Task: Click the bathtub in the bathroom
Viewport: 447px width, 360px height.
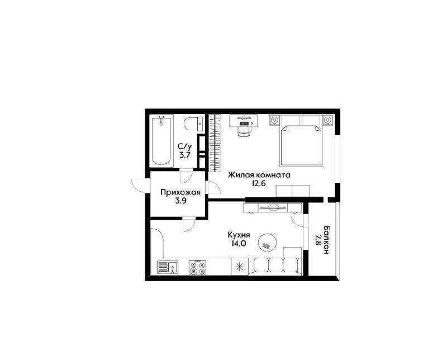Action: click(x=161, y=141)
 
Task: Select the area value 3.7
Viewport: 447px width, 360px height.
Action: click(x=185, y=155)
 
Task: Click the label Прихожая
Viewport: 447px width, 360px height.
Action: click(x=180, y=192)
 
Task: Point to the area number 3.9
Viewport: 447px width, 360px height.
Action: click(x=180, y=201)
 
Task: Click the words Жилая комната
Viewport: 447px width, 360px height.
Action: click(x=259, y=174)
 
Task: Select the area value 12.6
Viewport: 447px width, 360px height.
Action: click(x=259, y=183)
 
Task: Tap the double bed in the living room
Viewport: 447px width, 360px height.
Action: click(x=301, y=141)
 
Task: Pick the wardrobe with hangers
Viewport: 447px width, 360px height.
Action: click(x=215, y=143)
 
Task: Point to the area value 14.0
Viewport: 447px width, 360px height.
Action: click(x=239, y=244)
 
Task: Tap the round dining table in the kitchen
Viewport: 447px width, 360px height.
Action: click(x=268, y=243)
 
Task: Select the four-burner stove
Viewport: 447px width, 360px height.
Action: click(x=197, y=267)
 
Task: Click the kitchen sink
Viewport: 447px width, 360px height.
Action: click(x=168, y=268)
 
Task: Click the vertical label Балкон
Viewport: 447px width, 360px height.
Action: click(x=327, y=240)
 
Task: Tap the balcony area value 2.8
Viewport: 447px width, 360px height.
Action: click(x=318, y=240)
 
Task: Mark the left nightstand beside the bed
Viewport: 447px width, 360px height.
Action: click(x=274, y=120)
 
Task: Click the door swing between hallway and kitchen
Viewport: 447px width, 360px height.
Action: click(x=189, y=225)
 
